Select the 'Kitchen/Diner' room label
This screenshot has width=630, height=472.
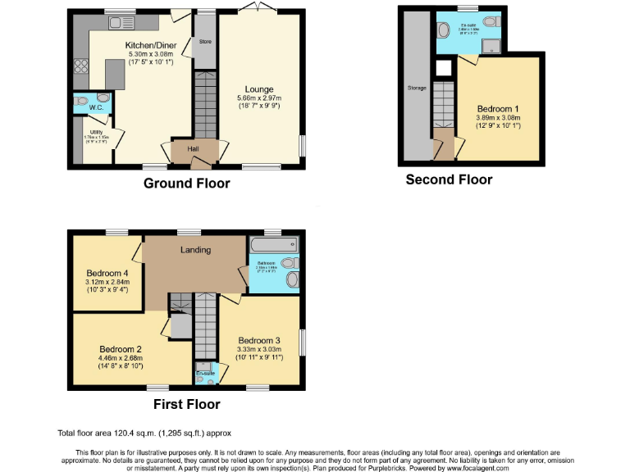pos(148,44)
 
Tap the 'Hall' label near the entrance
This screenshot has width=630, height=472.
pos(194,148)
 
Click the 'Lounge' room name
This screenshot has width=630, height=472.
pos(258,89)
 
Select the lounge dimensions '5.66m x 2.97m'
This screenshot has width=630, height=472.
pos(258,98)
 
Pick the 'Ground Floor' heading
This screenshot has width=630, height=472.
pos(187,184)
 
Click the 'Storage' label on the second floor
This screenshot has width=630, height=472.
pos(417,88)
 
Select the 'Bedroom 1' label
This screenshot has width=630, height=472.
pos(498,109)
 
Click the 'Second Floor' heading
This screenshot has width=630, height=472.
pos(449,179)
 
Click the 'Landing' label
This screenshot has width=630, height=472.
pos(195,250)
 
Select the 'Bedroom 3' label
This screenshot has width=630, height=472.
pos(259,341)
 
